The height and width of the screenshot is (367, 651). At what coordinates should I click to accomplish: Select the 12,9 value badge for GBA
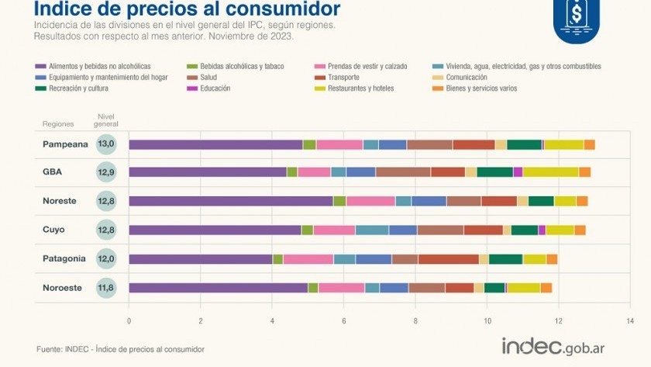tap(106, 172)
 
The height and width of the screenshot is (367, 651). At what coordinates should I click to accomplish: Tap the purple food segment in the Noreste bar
tap(230, 201)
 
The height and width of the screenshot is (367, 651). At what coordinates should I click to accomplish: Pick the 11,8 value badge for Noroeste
tap(106, 287)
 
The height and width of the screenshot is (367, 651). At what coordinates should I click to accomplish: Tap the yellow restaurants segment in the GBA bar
tap(550, 172)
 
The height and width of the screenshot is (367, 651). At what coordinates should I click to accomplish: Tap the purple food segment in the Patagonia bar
tap(200, 258)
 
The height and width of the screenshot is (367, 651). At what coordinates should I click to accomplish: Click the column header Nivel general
tap(106, 120)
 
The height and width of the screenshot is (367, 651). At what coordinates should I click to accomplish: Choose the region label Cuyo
tap(53, 230)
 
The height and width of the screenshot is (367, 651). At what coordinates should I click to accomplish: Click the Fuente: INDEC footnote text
tap(120, 349)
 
